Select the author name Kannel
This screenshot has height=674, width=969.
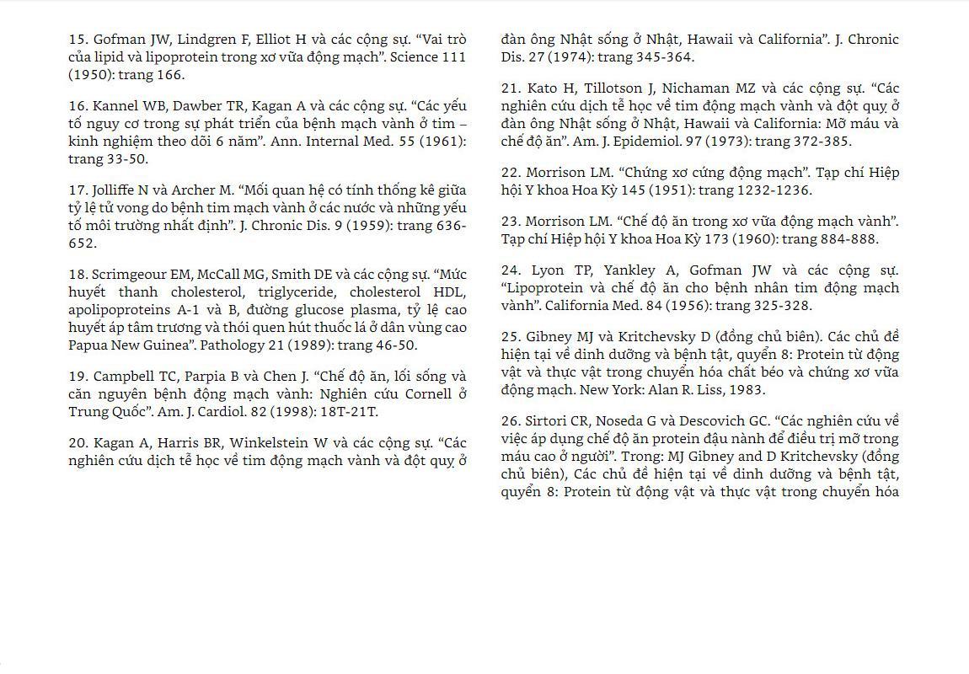[115, 106]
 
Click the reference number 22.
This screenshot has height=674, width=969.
[509, 173]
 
